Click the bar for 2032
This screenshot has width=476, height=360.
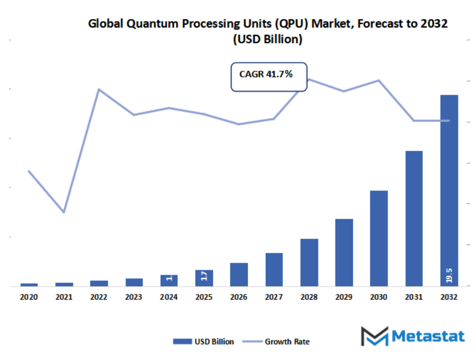coord(449,190)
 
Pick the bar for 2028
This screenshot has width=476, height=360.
coord(309,262)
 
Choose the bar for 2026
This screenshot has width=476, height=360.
coord(239,274)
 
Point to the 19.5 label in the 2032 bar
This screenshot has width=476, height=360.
coord(449,275)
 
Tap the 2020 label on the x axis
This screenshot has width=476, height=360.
coord(29,298)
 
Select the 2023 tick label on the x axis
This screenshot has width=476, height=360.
coord(134,298)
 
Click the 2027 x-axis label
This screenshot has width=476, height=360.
coord(274,298)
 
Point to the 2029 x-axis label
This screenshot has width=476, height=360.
coord(344,298)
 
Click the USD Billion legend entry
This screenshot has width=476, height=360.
coord(203,342)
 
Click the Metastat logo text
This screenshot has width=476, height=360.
coord(428,336)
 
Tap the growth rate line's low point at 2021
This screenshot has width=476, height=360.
coord(64,212)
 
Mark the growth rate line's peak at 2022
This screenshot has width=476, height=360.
coord(99,89)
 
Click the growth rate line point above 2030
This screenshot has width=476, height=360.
coord(379,80)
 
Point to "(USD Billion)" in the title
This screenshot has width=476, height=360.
coord(267,40)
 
